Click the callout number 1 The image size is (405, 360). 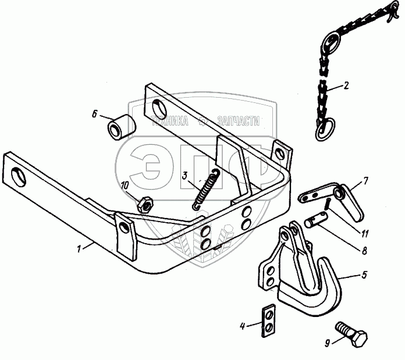click(x=79, y=249)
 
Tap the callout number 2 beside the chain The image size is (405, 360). click(x=346, y=85)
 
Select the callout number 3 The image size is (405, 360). click(x=184, y=176)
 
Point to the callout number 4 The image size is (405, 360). click(x=242, y=326)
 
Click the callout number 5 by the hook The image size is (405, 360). click(x=364, y=275)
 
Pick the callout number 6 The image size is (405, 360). click(x=95, y=114)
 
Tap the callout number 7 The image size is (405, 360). click(x=365, y=181)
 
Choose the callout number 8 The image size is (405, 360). click(x=364, y=251)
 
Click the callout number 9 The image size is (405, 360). click(x=327, y=343)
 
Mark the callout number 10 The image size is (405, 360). click(x=125, y=186)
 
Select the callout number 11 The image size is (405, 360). click(x=364, y=234)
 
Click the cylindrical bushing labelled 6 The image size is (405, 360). click(x=122, y=127)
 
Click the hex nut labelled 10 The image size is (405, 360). click(x=145, y=204)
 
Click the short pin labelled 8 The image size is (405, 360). click(x=316, y=219)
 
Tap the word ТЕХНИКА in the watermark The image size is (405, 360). click(x=170, y=121)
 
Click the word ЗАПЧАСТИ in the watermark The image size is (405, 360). click(x=239, y=121)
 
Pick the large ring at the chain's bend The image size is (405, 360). click(x=332, y=41)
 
